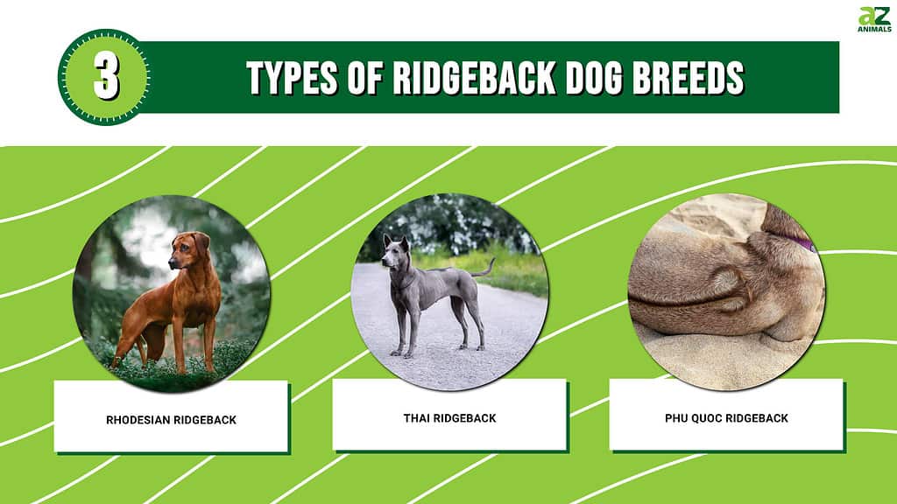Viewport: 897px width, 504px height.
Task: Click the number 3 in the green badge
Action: coord(106,78)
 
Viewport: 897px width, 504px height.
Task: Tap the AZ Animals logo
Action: coord(874,19)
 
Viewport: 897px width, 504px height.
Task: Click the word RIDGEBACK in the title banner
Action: coord(474,77)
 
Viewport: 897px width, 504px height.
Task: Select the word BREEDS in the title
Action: coord(689,77)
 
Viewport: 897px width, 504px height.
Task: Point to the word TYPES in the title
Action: coord(292,77)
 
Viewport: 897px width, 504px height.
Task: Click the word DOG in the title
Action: coord(594,77)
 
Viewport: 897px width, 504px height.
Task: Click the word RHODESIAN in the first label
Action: coord(138,420)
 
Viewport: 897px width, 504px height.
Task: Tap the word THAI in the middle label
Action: coord(416,418)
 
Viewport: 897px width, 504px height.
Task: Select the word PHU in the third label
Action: coord(676,418)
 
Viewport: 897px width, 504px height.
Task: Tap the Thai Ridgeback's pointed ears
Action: coord(397,242)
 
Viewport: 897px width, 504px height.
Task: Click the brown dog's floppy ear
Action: coord(201,244)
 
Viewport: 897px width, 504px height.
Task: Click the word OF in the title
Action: coord(365,77)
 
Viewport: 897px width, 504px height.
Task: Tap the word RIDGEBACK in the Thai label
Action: coord(464,418)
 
